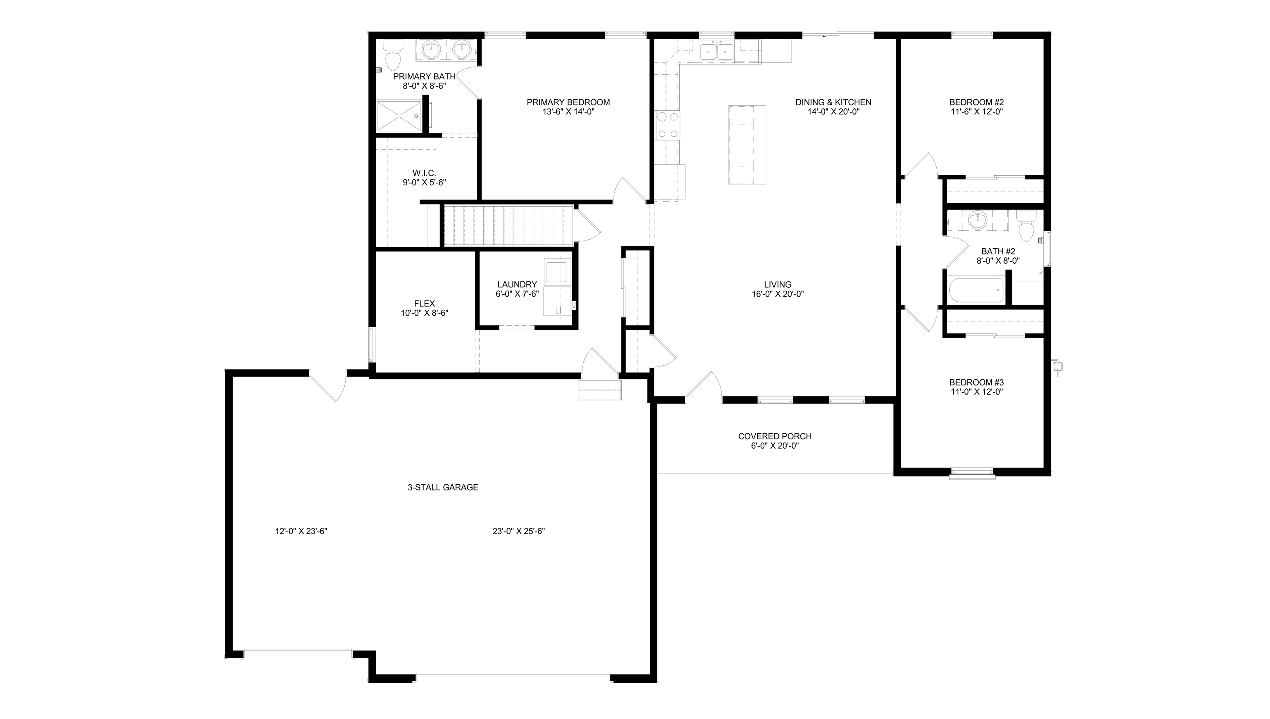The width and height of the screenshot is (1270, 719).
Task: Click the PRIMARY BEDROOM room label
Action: pyautogui.click(x=568, y=102)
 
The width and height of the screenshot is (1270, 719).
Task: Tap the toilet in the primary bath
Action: pyautogui.click(x=393, y=57)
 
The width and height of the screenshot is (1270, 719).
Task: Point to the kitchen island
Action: pyautogui.click(x=747, y=145)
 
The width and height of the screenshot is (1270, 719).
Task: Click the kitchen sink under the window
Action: pyautogui.click(x=716, y=51)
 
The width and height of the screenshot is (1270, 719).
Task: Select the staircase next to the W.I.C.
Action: pyautogui.click(x=508, y=225)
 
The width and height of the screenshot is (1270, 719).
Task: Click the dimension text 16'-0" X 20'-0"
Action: pyautogui.click(x=778, y=294)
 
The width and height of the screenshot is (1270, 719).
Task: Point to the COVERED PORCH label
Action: pyautogui.click(x=775, y=436)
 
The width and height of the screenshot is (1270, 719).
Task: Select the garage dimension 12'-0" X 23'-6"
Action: pyautogui.click(x=301, y=531)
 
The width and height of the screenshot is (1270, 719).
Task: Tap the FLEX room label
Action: pyautogui.click(x=424, y=304)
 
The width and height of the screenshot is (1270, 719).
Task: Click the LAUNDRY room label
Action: pyautogui.click(x=517, y=284)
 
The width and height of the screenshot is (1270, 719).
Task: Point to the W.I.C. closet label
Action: pyautogui.click(x=424, y=173)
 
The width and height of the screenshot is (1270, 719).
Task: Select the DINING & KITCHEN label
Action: pyautogui.click(x=833, y=102)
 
